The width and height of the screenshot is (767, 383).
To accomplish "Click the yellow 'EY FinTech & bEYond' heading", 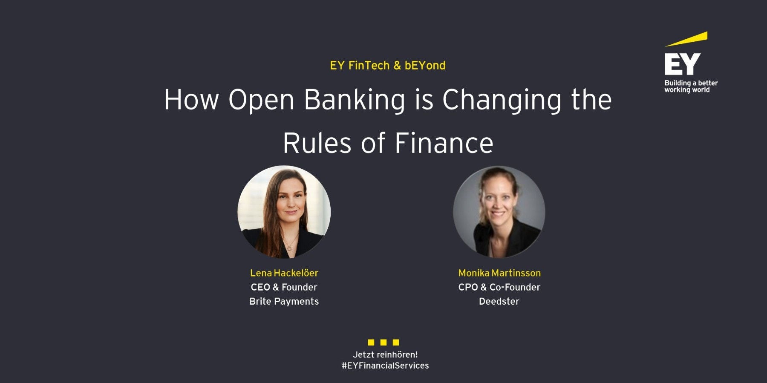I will click(x=387, y=66).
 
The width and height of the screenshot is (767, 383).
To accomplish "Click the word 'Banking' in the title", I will click(x=355, y=100).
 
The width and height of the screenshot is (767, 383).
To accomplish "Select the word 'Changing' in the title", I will click(x=502, y=100).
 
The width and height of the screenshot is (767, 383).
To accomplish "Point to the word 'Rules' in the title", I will click(x=317, y=143).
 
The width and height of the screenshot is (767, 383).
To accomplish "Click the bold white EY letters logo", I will click(x=682, y=64).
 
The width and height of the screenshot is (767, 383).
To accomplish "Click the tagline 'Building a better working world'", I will click(x=690, y=86).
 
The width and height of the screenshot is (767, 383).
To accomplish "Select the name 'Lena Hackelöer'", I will click(x=284, y=273).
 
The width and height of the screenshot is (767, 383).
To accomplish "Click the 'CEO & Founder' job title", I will click(x=284, y=287).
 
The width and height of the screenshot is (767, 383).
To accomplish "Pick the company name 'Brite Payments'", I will click(x=284, y=301).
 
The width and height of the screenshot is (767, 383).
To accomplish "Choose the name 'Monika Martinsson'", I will click(x=499, y=273).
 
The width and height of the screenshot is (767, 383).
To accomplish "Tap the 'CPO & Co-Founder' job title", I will click(x=499, y=287).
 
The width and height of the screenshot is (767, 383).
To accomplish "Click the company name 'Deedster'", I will click(x=499, y=301).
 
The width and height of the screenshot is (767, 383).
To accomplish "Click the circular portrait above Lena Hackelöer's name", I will click(x=284, y=211).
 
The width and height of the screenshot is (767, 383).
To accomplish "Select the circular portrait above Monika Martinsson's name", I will click(x=499, y=211).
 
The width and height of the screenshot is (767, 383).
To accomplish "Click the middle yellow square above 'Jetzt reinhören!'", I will click(x=383, y=342).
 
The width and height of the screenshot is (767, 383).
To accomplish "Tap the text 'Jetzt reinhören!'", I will click(x=385, y=354).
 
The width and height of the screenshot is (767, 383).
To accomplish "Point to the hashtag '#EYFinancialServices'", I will click(x=385, y=366).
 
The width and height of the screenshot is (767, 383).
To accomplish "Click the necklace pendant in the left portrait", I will click(x=290, y=248).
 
